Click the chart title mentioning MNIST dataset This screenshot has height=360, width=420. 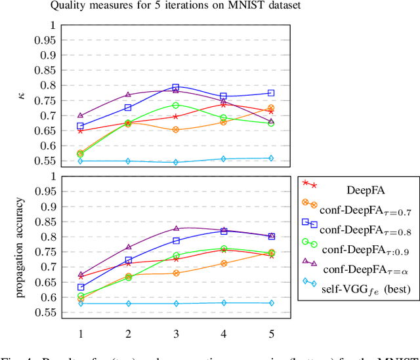coord(176,7)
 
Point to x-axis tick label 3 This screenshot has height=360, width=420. coord(176,333)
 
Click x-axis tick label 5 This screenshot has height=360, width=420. coord(271,333)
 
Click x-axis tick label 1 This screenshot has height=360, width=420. coord(81,333)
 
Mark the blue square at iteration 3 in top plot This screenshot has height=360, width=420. coord(176,87)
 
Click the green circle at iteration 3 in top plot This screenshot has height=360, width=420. coord(176,105)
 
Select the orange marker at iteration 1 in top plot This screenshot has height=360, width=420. coord(81,153)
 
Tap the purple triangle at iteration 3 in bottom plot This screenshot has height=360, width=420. coord(176,229)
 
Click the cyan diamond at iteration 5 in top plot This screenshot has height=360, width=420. coord(271,158)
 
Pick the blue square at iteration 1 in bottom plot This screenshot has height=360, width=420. coord(81,287)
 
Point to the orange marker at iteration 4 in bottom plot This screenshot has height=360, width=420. coord(224,263)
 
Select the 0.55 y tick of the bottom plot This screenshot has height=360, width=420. coord(45,313)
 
